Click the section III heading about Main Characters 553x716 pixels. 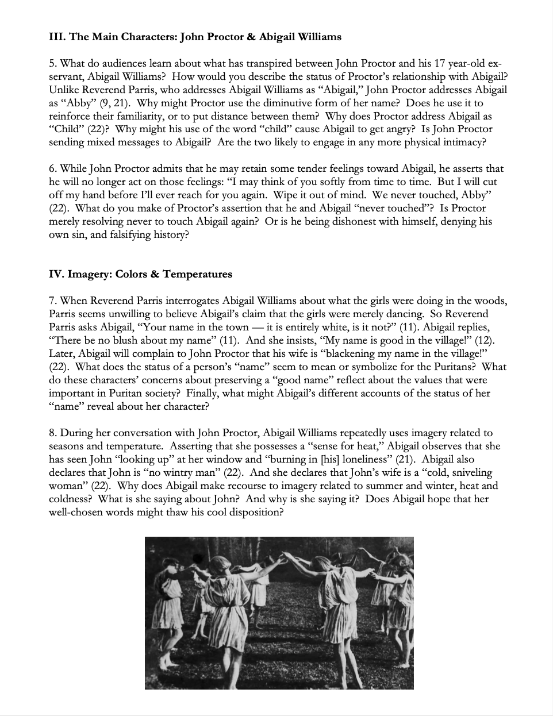(195, 37)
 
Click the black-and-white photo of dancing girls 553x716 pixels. (279, 613)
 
